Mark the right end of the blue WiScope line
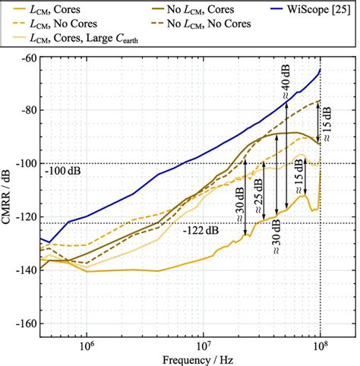pyautogui.click(x=320, y=70)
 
